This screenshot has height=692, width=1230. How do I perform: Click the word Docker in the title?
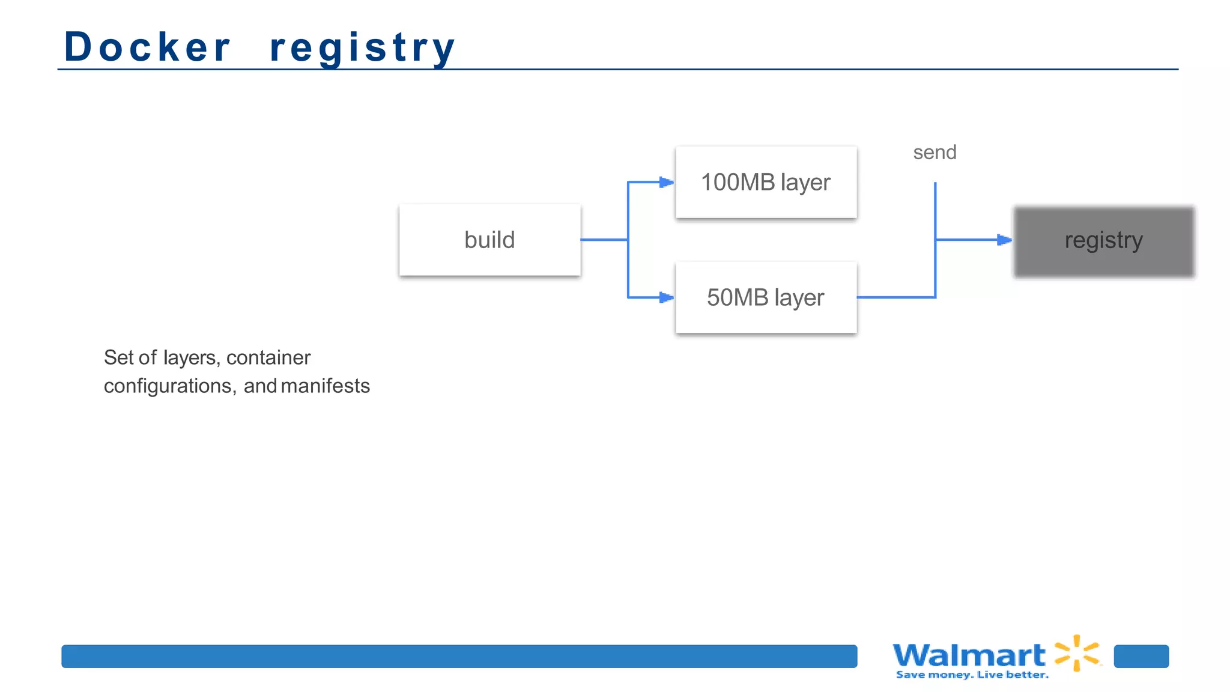coord(147,47)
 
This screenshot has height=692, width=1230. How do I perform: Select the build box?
coord(489,240)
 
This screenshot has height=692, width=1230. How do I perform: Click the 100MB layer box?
coord(766,182)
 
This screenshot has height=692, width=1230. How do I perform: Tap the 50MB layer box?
coord(766,297)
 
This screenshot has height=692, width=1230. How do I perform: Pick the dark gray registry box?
coord(1103,241)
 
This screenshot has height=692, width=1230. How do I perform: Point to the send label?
coord(935,153)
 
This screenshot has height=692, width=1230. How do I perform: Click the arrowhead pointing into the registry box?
coord(1004,240)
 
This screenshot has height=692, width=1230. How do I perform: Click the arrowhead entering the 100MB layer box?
coord(666,182)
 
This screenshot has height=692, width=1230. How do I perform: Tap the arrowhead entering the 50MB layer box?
coord(666,297)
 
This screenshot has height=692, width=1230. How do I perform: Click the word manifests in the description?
coord(325,386)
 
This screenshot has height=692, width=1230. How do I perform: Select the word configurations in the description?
coord(168,386)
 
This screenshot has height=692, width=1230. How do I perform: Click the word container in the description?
coord(268,357)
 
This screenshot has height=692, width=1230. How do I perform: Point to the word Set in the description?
coord(118,357)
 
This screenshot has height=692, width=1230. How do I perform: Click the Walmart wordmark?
coord(969,655)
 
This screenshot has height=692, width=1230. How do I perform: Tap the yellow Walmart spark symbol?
coord(1077,653)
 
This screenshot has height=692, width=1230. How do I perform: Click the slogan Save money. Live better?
coord(972,675)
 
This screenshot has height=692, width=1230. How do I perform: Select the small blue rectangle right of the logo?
coord(1141,656)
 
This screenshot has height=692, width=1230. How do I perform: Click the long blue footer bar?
coord(459,656)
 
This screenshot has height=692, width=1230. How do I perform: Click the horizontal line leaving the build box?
coord(604,240)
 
